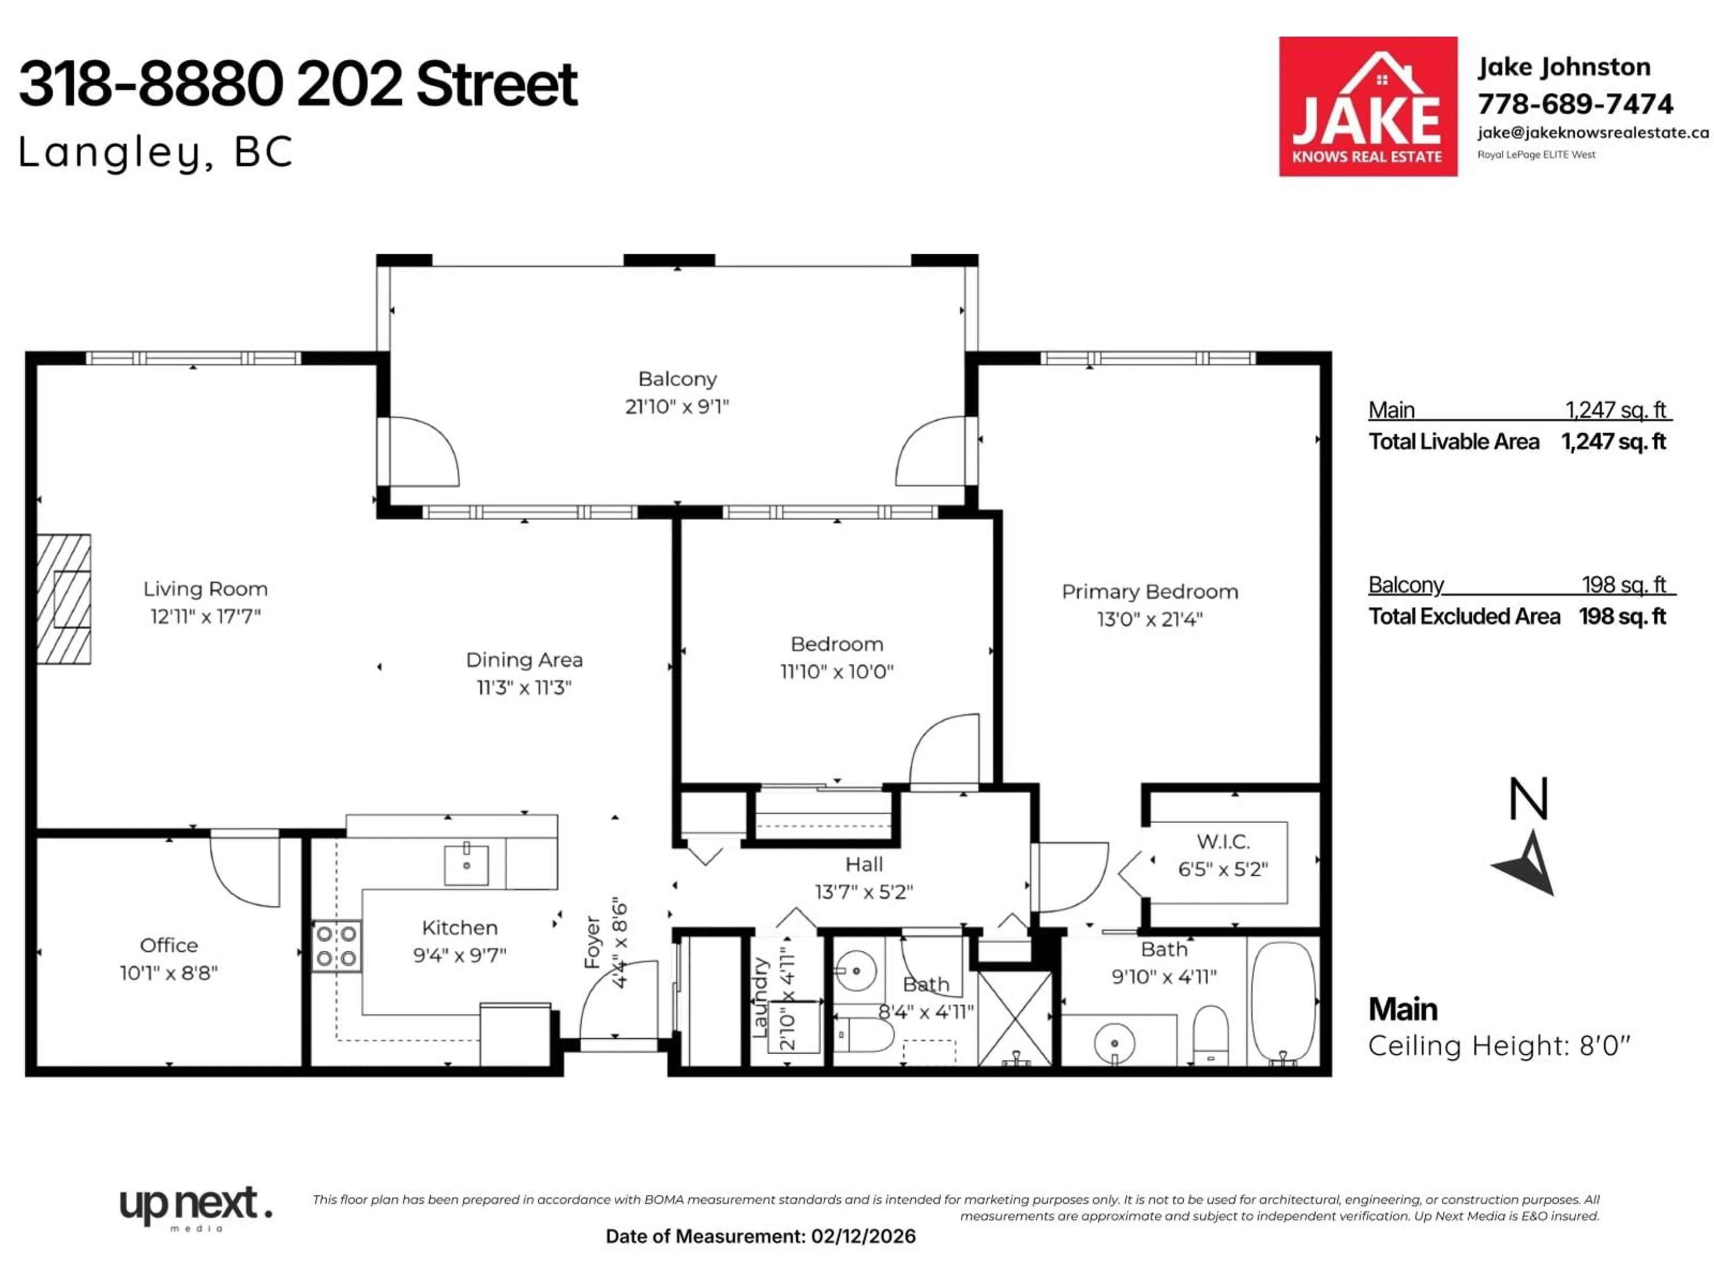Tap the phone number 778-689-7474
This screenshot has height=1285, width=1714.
(x=1575, y=104)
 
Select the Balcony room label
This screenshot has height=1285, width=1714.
(x=677, y=379)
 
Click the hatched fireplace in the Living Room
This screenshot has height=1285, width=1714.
(x=63, y=599)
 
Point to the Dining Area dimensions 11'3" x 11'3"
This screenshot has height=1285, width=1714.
(x=524, y=687)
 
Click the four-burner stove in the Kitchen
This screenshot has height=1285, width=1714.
(x=336, y=946)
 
